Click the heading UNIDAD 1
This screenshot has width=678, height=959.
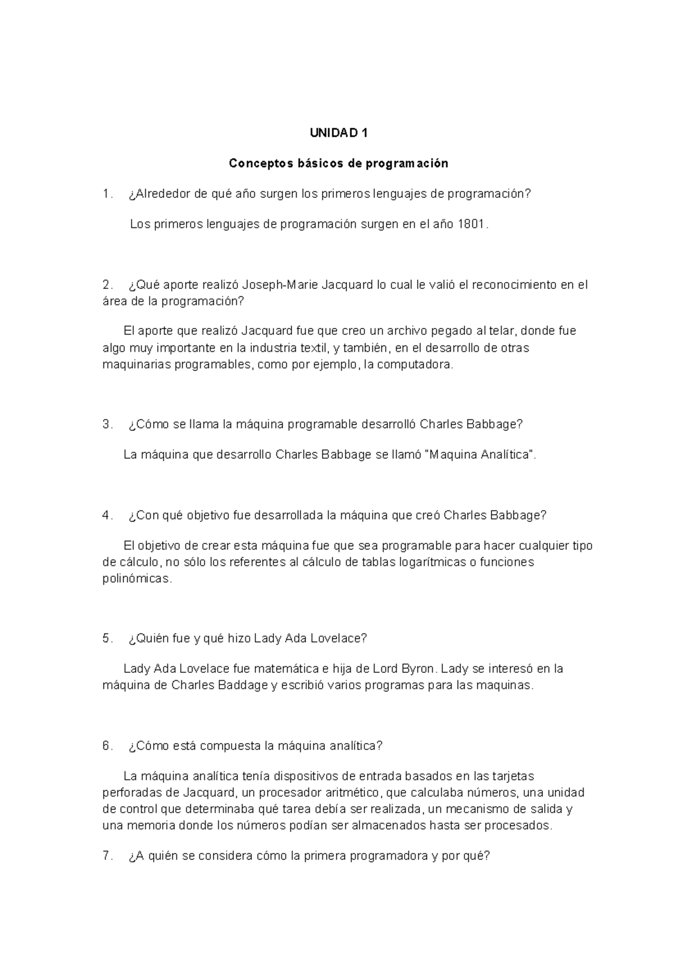pyautogui.click(x=338, y=133)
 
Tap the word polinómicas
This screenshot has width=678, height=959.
pyautogui.click(x=136, y=579)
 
